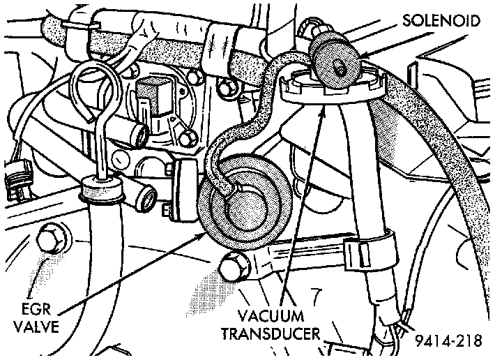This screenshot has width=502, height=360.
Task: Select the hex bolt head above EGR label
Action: [52, 240]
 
